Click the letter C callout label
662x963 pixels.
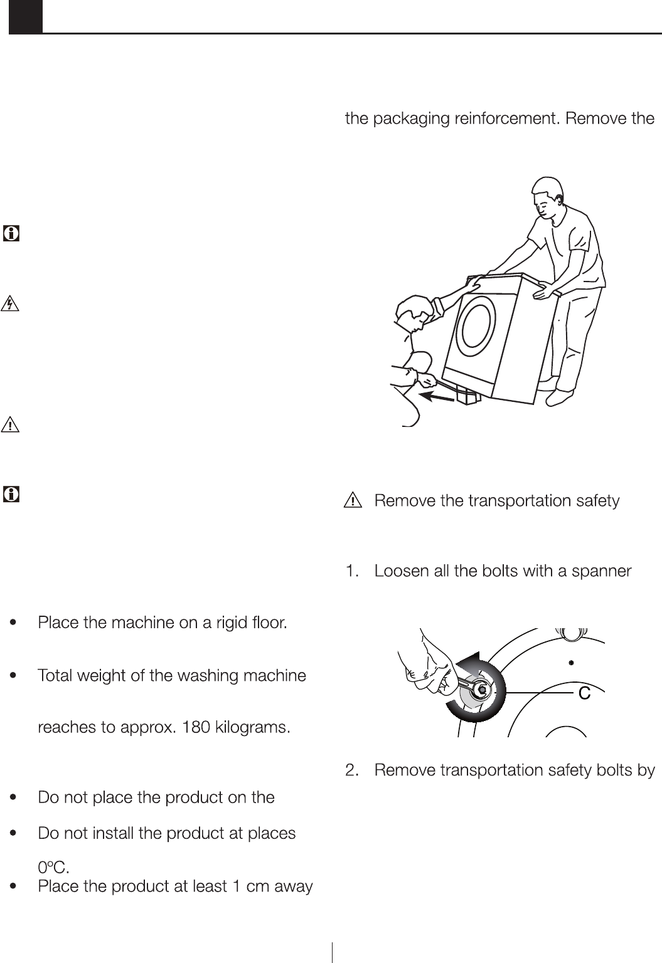(x=584, y=693)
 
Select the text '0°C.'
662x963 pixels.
(x=53, y=868)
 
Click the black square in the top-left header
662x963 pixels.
(x=26, y=16)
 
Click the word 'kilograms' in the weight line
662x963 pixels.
(x=254, y=728)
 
